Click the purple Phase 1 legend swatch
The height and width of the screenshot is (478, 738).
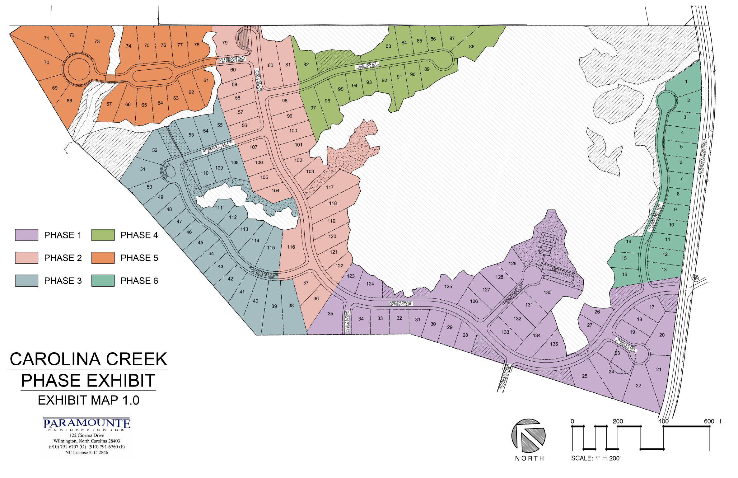26,235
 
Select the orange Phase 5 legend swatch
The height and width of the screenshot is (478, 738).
103,258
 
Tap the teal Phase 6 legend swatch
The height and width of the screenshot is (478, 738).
103,280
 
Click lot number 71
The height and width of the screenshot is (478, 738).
46,38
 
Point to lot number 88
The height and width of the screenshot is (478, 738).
472,47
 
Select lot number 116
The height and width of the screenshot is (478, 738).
291,247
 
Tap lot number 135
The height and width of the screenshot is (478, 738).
554,344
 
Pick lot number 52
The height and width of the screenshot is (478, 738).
155,150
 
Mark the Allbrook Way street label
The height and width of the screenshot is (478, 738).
233,59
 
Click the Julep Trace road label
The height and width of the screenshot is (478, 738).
347,321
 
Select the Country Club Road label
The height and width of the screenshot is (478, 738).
703,156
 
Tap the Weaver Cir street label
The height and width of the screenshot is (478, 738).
626,345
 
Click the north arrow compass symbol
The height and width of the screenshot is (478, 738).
528,435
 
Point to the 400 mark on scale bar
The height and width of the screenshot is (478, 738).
663,421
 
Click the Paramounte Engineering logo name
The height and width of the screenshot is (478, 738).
86,424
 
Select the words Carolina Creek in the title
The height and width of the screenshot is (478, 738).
88,359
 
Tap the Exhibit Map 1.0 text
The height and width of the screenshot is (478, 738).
88,400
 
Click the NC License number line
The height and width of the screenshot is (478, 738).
86,452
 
